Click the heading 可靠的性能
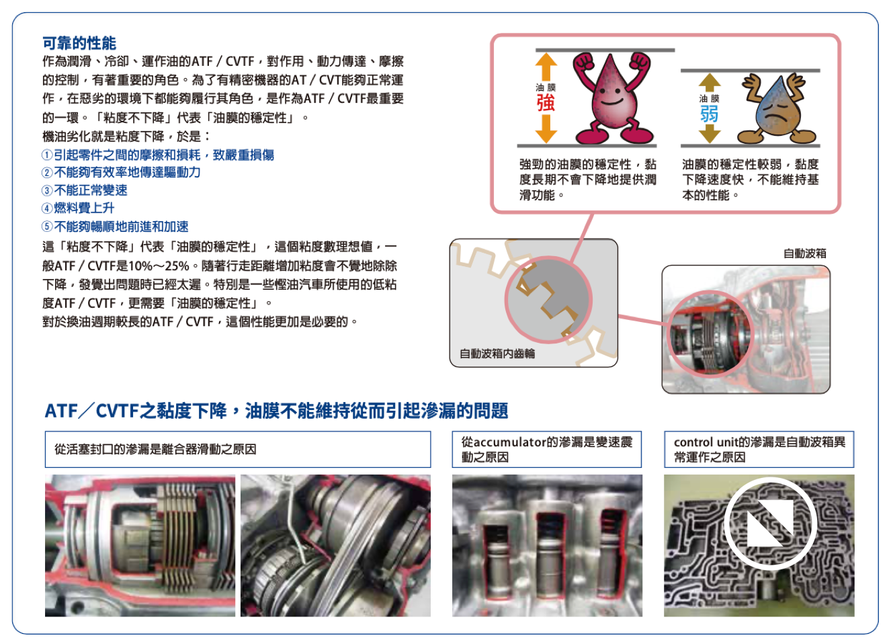pos(79,43)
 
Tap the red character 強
pos(546,103)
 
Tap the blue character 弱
pos(709,114)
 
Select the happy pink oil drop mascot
pos(611,97)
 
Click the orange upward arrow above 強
pos(546,67)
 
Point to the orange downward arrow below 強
pos(546,128)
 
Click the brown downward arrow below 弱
pos(710,134)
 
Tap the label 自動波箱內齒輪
pos(497,354)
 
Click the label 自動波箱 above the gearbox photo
pos(805,253)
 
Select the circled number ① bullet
pos(47,155)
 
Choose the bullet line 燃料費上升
pos(78,208)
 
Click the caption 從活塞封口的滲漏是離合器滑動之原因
pos(155,449)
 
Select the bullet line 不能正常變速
pos(84,190)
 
